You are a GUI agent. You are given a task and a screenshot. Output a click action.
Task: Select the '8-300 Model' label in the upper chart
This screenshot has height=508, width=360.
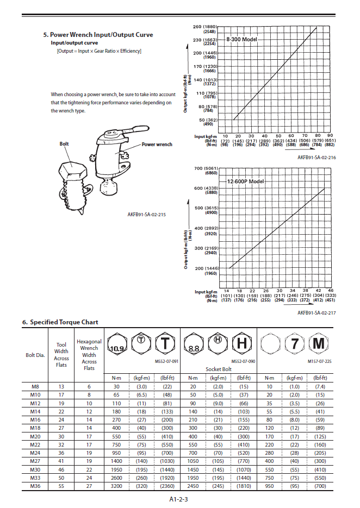click(240, 40)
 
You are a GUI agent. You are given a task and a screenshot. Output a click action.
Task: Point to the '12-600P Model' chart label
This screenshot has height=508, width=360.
click(245, 181)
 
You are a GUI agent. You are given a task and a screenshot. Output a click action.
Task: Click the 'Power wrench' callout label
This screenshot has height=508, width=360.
click(157, 145)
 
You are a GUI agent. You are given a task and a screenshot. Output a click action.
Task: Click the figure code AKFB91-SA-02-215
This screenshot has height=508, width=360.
click(146, 214)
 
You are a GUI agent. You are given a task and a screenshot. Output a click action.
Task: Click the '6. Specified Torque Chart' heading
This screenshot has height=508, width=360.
click(67, 322)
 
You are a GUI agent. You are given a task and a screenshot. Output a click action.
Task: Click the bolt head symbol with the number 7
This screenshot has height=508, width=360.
click(294, 344)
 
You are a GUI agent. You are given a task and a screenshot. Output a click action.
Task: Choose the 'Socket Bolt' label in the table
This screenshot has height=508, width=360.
click(218, 369)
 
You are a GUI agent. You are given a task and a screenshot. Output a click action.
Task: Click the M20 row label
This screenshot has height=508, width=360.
click(34, 436)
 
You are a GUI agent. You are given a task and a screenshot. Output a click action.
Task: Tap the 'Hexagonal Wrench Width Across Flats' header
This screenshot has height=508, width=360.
click(89, 355)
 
